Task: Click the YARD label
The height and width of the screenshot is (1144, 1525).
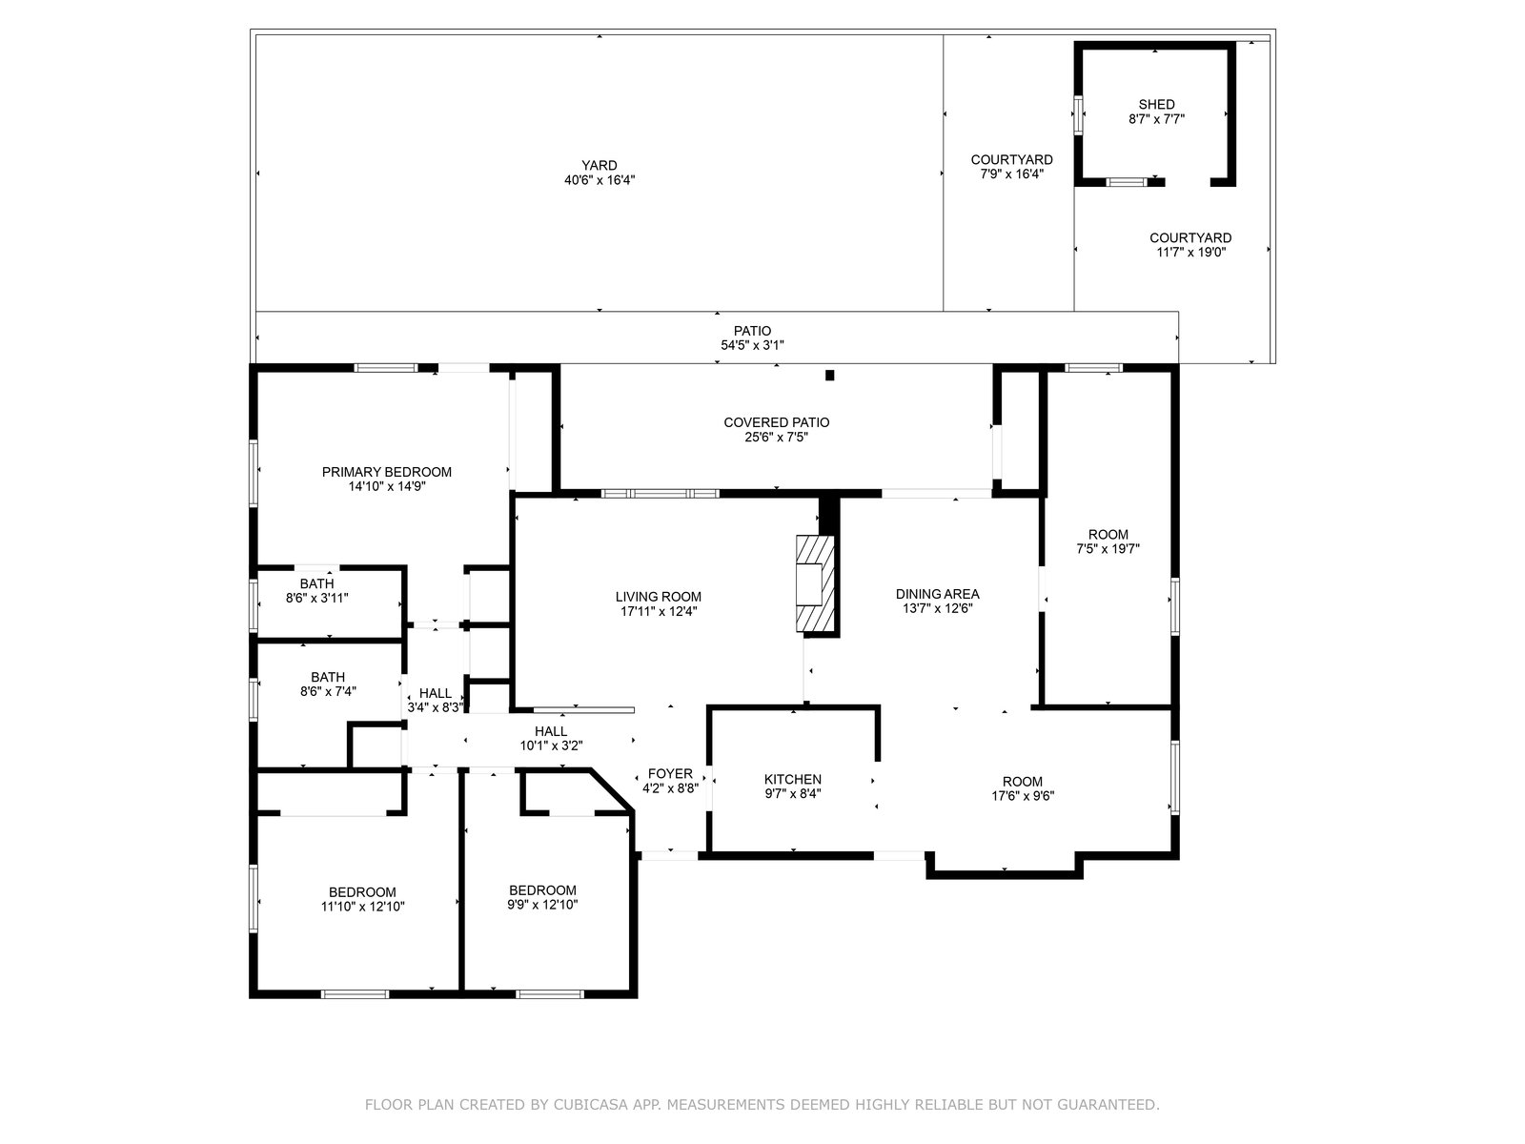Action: [x=599, y=165]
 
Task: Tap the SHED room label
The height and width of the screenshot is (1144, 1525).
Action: [x=1157, y=104]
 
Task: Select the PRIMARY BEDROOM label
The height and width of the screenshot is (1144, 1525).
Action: [x=386, y=472]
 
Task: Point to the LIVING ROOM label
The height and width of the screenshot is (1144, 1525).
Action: [x=658, y=597]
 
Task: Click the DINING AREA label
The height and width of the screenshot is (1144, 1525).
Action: [x=937, y=594]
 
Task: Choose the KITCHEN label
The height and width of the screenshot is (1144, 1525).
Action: [x=793, y=779]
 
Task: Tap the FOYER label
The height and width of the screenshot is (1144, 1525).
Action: [x=670, y=774]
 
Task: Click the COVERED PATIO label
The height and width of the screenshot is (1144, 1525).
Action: [x=776, y=422]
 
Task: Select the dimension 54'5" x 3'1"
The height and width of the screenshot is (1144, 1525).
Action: [x=752, y=345]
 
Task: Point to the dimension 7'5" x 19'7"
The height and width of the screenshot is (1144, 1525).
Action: [x=1108, y=549]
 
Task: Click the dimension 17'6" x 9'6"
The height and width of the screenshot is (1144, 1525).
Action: [x=1023, y=796]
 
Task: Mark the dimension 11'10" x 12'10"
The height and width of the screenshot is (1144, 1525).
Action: [x=363, y=907]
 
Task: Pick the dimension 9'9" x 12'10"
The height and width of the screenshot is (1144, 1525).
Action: [x=542, y=905]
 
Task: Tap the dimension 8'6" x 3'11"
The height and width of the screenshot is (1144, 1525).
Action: [x=316, y=598]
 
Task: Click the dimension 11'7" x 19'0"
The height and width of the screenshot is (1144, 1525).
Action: [x=1190, y=252]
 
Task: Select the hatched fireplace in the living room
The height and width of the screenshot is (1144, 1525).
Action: [x=815, y=583]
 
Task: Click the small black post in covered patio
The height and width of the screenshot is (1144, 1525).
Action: [x=829, y=375]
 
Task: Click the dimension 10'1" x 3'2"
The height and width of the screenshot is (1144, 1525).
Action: [x=551, y=746]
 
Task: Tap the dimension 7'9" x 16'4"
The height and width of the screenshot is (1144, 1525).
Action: [x=1011, y=174]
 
